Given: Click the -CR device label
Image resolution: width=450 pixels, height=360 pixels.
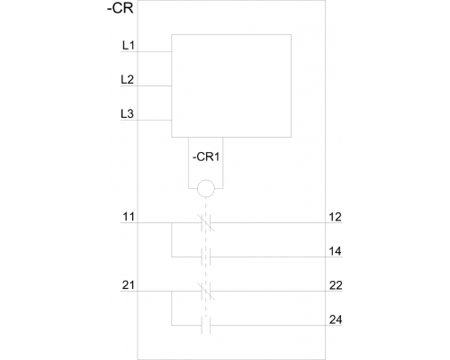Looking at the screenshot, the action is (120, 8).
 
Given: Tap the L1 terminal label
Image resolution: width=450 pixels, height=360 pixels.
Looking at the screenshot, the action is (128, 45).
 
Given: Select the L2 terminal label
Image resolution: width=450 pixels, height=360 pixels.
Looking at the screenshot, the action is (127, 79).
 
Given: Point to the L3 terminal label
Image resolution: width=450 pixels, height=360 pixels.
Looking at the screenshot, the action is (127, 113).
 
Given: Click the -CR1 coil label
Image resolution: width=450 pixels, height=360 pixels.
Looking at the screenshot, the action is (206, 157).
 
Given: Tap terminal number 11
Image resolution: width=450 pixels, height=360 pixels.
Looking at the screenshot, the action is (129, 217).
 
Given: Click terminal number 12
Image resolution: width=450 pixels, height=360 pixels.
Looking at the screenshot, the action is (335, 217).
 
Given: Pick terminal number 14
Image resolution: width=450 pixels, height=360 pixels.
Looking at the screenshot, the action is (335, 251).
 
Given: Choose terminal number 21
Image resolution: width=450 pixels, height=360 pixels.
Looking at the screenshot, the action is (128, 285).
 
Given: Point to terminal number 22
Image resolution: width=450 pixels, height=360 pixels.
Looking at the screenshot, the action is (336, 285).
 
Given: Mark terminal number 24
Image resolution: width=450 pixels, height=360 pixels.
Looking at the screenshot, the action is (336, 319).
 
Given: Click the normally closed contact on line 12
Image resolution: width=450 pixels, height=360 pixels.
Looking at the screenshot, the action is (206, 222).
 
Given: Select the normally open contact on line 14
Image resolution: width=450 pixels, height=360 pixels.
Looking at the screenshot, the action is (206, 256).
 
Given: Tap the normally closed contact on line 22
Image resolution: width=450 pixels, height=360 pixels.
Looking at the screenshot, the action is (206, 291).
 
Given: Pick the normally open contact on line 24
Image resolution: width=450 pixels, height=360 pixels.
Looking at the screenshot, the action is (206, 325).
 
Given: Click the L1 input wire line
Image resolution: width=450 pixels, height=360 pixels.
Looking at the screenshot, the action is (146, 51).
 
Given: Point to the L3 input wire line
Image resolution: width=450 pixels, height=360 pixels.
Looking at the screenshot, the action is (146, 120).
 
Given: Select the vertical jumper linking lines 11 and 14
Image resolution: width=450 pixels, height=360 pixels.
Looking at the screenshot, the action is (172, 239).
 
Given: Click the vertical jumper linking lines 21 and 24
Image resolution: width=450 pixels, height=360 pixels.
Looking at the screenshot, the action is (172, 308).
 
